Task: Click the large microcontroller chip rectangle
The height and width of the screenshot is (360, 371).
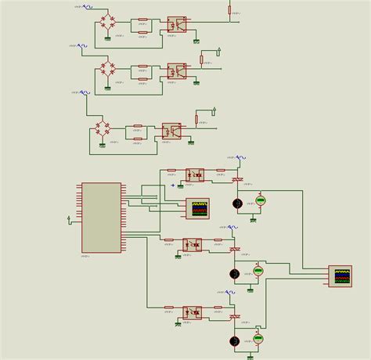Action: tap(101, 218)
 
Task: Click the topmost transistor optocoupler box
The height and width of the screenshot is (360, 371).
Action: tap(176, 24)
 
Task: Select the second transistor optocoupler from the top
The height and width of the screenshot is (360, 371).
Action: tap(176, 70)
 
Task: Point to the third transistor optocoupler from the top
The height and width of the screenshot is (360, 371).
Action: tap(171, 131)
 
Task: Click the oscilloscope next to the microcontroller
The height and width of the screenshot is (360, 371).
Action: tap(199, 208)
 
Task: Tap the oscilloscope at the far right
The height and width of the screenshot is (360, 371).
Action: tap(340, 275)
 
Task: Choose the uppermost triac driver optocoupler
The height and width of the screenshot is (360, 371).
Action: tap(195, 175)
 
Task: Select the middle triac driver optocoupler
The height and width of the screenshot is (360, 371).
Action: tap(193, 244)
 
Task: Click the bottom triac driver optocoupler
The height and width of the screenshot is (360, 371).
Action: tap(193, 312)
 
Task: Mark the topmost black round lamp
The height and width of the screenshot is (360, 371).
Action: tap(237, 203)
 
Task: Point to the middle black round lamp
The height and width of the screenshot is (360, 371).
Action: tap(234, 273)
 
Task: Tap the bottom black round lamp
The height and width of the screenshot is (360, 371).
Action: tap(234, 341)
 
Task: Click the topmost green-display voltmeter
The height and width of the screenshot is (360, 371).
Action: tap(261, 200)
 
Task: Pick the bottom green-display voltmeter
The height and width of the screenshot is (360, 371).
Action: tap(258, 339)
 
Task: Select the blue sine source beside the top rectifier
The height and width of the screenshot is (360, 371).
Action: tap(88, 6)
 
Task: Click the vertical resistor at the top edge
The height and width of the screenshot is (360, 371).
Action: tap(229, 9)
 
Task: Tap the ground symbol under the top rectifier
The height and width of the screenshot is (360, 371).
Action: tap(108, 38)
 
